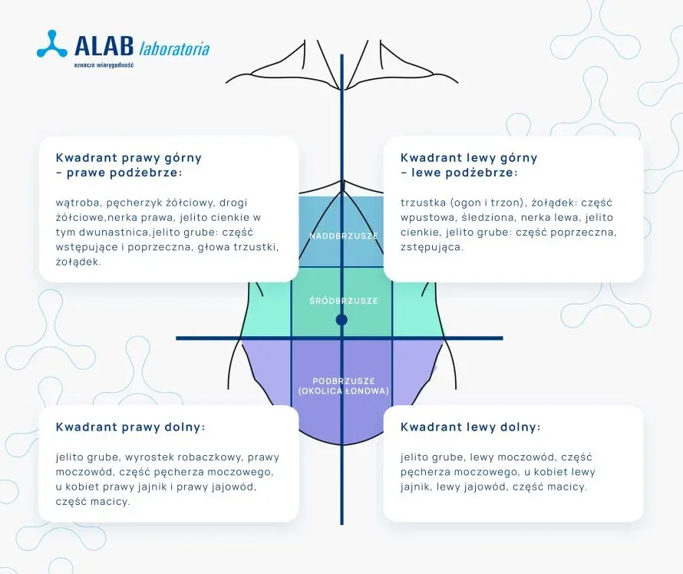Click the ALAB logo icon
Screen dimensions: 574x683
52,44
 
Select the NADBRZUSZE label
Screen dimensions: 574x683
344,236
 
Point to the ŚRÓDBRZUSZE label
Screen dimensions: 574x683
343,301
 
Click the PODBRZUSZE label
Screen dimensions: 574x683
343,381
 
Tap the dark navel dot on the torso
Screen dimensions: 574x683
341,319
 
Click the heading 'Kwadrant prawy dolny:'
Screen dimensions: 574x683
130,427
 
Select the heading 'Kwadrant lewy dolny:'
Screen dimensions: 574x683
470,427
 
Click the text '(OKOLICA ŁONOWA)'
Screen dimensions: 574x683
343,391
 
